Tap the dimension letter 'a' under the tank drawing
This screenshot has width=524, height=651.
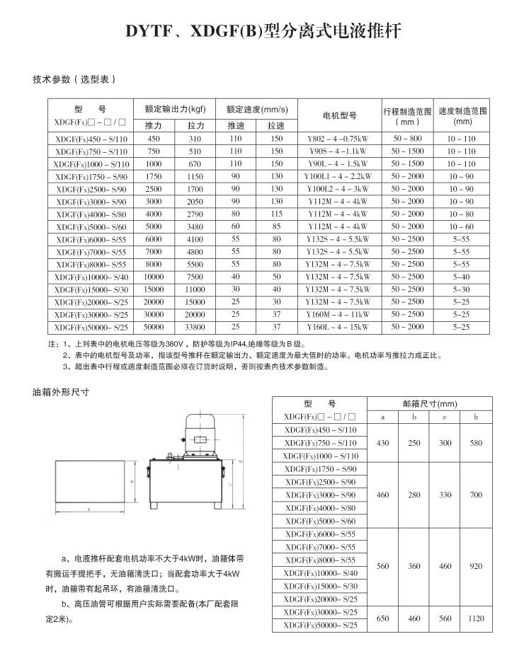tap(89, 509)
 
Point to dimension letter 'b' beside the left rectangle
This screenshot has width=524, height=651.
tap(134, 480)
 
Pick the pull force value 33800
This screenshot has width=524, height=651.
tap(195, 327)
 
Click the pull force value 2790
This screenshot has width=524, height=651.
tap(195, 214)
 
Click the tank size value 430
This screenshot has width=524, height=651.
tap(383, 443)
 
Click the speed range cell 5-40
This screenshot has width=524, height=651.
tap(462, 277)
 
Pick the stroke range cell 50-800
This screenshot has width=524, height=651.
tap(407, 139)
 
